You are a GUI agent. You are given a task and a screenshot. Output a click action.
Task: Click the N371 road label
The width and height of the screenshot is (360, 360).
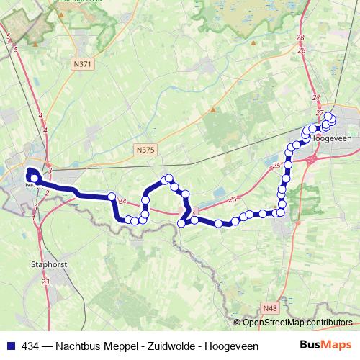click(84, 65)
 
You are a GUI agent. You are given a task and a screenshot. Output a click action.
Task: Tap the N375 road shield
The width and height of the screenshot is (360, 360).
click(145, 150)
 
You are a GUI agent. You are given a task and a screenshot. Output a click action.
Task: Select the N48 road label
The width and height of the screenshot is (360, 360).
click(270, 308)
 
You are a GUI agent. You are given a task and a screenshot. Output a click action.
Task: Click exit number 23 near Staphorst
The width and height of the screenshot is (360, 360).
click(45, 282)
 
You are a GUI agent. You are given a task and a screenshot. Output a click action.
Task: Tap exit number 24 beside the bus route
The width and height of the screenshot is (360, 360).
click(122, 201)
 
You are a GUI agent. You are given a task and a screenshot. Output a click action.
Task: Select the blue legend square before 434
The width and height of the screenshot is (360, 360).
click(8, 345)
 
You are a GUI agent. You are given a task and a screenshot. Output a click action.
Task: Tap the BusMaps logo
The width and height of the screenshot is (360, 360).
click(325, 345)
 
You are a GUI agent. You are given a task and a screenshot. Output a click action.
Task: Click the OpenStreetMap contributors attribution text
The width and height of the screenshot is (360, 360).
click(297, 322)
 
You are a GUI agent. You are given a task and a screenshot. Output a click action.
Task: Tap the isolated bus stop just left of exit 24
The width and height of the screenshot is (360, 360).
click(112, 196)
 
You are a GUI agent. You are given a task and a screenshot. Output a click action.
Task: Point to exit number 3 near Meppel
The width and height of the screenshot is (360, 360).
click(50, 169)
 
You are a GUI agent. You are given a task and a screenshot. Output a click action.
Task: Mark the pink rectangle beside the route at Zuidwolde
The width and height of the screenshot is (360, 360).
click(184, 210)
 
